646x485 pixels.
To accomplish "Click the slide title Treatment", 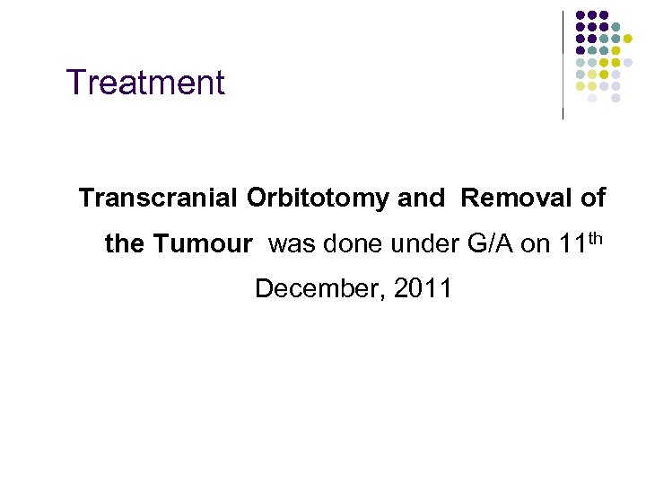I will [145, 83].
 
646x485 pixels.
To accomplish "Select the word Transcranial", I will [158, 198].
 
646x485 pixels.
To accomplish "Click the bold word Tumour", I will [214, 243].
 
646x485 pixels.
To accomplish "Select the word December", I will [310, 289].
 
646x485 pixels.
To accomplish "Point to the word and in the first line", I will [420, 198].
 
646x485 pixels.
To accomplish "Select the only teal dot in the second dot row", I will [616, 27].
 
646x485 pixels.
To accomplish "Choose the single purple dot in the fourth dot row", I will [581, 50].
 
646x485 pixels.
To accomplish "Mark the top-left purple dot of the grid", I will [581, 15].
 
